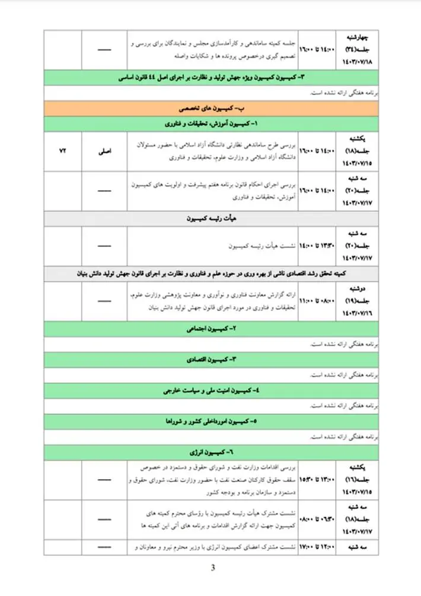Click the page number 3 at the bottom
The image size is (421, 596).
pyautogui.click(x=213, y=569)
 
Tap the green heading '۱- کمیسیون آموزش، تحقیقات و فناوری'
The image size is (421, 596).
pyautogui.click(x=210, y=124)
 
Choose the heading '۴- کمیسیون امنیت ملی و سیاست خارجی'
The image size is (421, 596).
pyautogui.click(x=210, y=391)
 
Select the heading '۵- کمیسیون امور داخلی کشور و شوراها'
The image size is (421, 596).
pyautogui.click(x=210, y=421)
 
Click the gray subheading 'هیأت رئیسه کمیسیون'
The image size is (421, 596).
pyautogui.click(x=210, y=218)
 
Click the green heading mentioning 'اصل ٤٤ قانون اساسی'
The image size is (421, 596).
pyautogui.click(x=210, y=78)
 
